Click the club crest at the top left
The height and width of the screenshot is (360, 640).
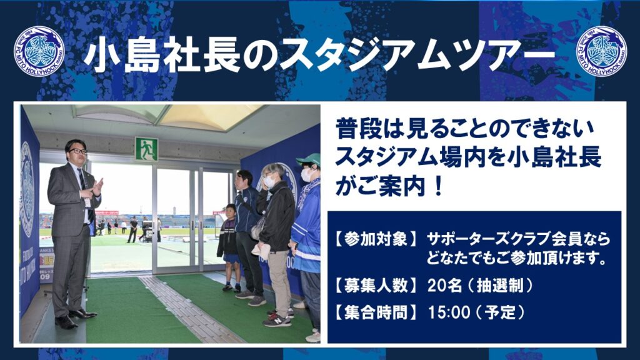point(39,51)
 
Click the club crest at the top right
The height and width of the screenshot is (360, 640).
point(602,51)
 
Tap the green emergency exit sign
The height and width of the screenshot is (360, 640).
point(146,149)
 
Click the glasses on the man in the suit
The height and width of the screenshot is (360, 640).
point(78,151)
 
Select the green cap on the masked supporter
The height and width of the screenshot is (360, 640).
point(309,159)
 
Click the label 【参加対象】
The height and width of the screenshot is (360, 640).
point(376,239)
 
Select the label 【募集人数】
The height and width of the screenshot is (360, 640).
point(376,285)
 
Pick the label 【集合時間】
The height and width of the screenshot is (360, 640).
point(376,312)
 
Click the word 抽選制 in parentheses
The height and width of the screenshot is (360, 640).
point(499,286)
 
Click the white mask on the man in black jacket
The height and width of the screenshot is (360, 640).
point(269,181)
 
